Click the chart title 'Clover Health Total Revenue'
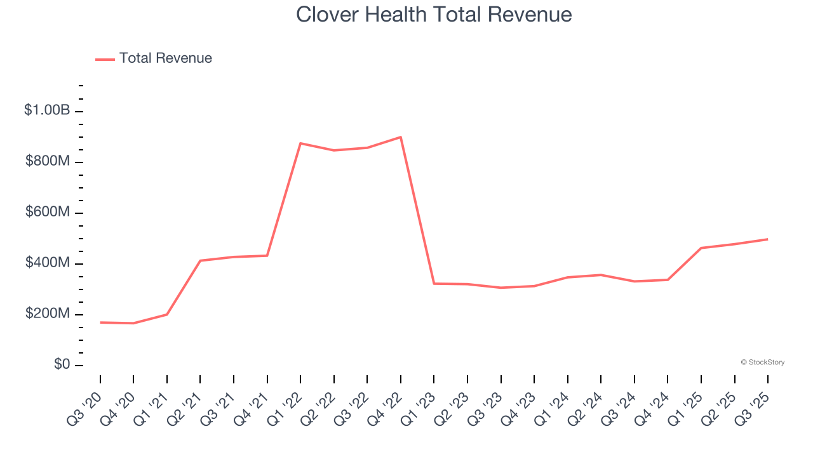click(x=434, y=15)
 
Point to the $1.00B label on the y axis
click(x=47, y=110)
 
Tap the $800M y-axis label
click(x=48, y=161)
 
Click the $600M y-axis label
click(x=48, y=212)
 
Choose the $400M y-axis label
click(x=48, y=263)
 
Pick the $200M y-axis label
click(x=48, y=314)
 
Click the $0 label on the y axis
click(x=62, y=364)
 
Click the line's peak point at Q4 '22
click(x=401, y=137)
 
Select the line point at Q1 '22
click(x=300, y=143)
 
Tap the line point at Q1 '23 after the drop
click(x=434, y=283)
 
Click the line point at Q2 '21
click(x=200, y=260)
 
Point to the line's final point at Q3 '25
click(x=768, y=239)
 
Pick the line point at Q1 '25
click(x=701, y=248)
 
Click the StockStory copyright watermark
click(x=762, y=362)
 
